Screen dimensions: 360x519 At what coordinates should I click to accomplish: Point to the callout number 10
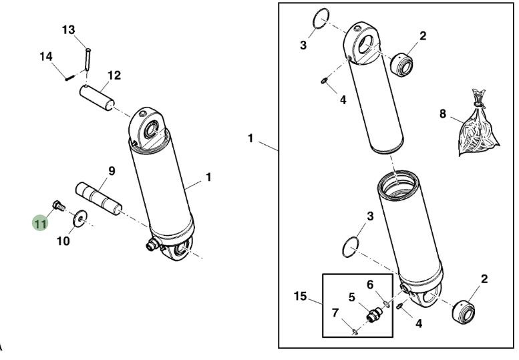pyautogui.click(x=62, y=241)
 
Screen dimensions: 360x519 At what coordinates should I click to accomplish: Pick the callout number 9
pyautogui.click(x=111, y=171)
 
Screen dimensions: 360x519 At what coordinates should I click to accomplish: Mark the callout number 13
pyautogui.click(x=69, y=30)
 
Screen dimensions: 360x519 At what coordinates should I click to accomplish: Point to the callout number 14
pyautogui.click(x=46, y=57)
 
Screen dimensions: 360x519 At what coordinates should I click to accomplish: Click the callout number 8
pyautogui.click(x=442, y=114)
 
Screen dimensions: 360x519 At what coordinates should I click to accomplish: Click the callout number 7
pyautogui.click(x=335, y=312)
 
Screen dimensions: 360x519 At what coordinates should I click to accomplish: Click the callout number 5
pyautogui.click(x=351, y=297)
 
